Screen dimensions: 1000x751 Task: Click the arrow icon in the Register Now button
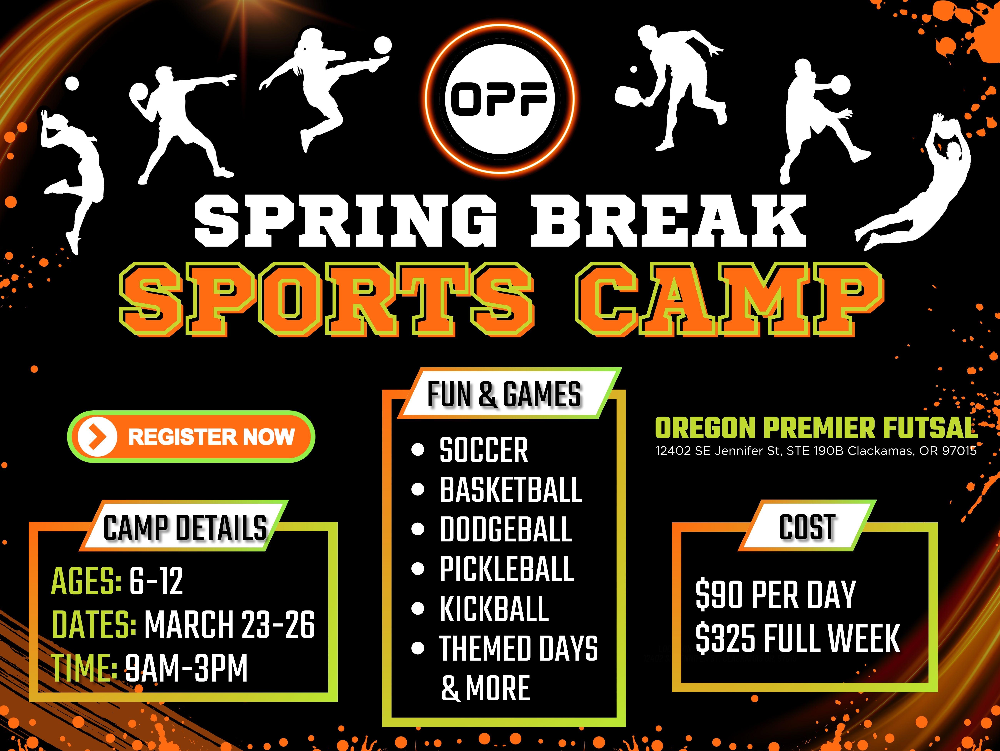[97, 437]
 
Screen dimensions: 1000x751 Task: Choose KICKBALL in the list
[494, 608]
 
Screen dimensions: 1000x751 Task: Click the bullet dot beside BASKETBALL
[418, 490]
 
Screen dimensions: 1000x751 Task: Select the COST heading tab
[807, 527]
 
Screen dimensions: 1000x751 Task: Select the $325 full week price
[798, 638]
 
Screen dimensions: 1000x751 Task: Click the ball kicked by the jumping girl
[382, 46]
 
